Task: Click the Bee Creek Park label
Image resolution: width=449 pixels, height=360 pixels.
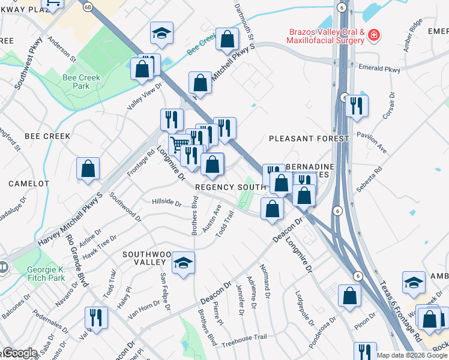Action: coord(76,82)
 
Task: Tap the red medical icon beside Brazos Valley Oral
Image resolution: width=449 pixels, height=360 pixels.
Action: coord(374,35)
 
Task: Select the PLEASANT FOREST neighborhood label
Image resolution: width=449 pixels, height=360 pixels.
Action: coord(309,139)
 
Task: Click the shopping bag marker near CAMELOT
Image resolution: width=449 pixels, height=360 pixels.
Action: coord(88,169)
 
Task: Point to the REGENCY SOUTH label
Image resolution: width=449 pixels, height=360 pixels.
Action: coord(231,187)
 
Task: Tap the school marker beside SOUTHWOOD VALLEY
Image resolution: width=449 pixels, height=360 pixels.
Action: coord(184,263)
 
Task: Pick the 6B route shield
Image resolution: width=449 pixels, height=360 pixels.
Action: coord(88,6)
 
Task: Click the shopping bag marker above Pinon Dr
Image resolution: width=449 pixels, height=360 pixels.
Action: coord(349,296)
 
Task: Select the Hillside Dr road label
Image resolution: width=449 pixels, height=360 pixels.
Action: coord(166,203)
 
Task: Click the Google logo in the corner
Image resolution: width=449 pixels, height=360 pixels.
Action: coord(20,353)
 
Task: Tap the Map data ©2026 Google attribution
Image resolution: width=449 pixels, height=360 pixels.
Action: coord(412,355)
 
